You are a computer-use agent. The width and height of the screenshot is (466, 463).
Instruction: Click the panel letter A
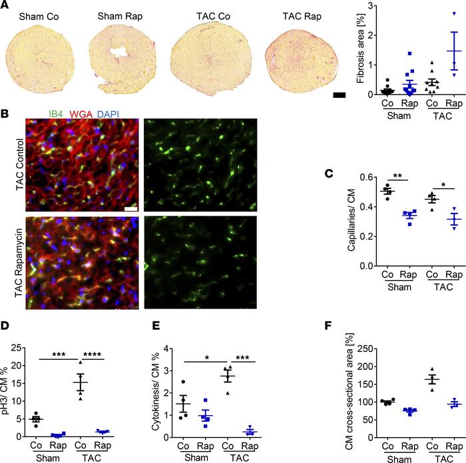(6, 6)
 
